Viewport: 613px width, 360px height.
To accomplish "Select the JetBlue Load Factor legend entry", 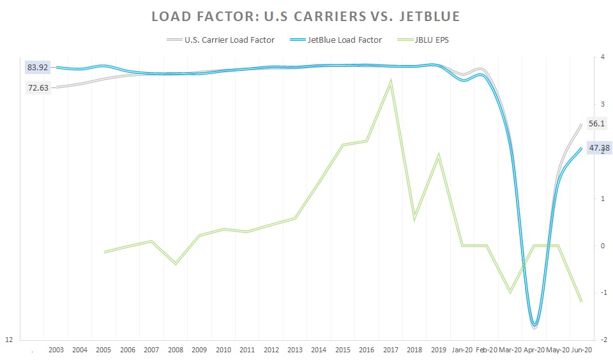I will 345,40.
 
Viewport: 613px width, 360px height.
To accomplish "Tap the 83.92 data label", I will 38,66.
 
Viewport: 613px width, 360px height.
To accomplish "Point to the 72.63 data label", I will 38,88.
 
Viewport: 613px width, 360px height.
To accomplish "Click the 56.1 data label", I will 596,124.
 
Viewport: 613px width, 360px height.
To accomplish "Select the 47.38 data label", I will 600,148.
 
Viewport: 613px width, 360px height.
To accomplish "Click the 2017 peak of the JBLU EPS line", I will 390,80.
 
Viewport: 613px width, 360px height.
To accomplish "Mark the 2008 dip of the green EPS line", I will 176,264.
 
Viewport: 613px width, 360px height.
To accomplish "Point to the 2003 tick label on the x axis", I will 56,350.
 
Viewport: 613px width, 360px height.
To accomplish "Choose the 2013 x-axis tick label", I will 295,350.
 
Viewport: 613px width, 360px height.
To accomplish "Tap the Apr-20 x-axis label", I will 534,350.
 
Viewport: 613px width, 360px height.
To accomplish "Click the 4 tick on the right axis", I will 602,57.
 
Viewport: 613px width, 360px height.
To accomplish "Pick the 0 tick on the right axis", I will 602,246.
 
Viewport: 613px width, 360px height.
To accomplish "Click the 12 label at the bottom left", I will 9,340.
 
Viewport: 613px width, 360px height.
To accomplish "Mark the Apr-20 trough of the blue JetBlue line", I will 534,325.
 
